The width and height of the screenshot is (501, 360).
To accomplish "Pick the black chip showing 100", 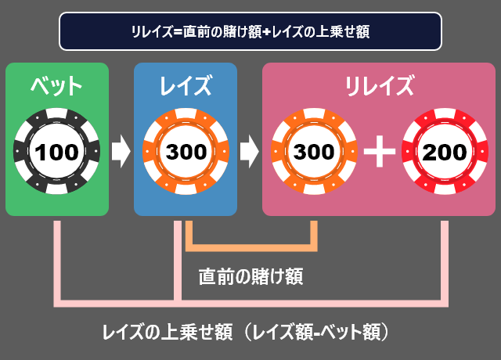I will [57, 151].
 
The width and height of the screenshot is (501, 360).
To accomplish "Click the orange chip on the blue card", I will [186, 151].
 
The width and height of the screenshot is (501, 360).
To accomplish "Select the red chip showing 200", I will [444, 151].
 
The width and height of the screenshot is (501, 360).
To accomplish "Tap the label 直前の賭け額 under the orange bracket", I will [250, 275].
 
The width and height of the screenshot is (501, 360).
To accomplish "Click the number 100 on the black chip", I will [57, 152].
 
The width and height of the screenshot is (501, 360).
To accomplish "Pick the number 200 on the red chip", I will [444, 152].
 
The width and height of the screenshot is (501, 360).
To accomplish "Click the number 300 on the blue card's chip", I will [186, 152].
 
